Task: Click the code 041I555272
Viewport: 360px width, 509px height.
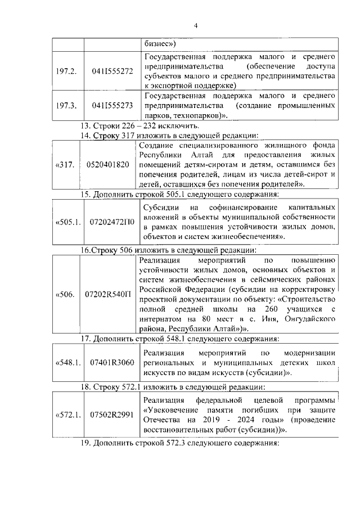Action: point(112,71)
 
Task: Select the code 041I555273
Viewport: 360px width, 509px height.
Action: point(112,105)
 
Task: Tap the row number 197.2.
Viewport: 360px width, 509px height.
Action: point(67,71)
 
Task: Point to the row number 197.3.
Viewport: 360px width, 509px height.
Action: point(67,105)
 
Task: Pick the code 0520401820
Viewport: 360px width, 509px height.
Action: point(109,164)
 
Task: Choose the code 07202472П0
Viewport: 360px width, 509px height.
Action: point(112,222)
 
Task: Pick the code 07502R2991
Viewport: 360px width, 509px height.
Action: point(112,415)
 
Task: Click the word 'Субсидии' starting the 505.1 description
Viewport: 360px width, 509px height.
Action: point(160,207)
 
